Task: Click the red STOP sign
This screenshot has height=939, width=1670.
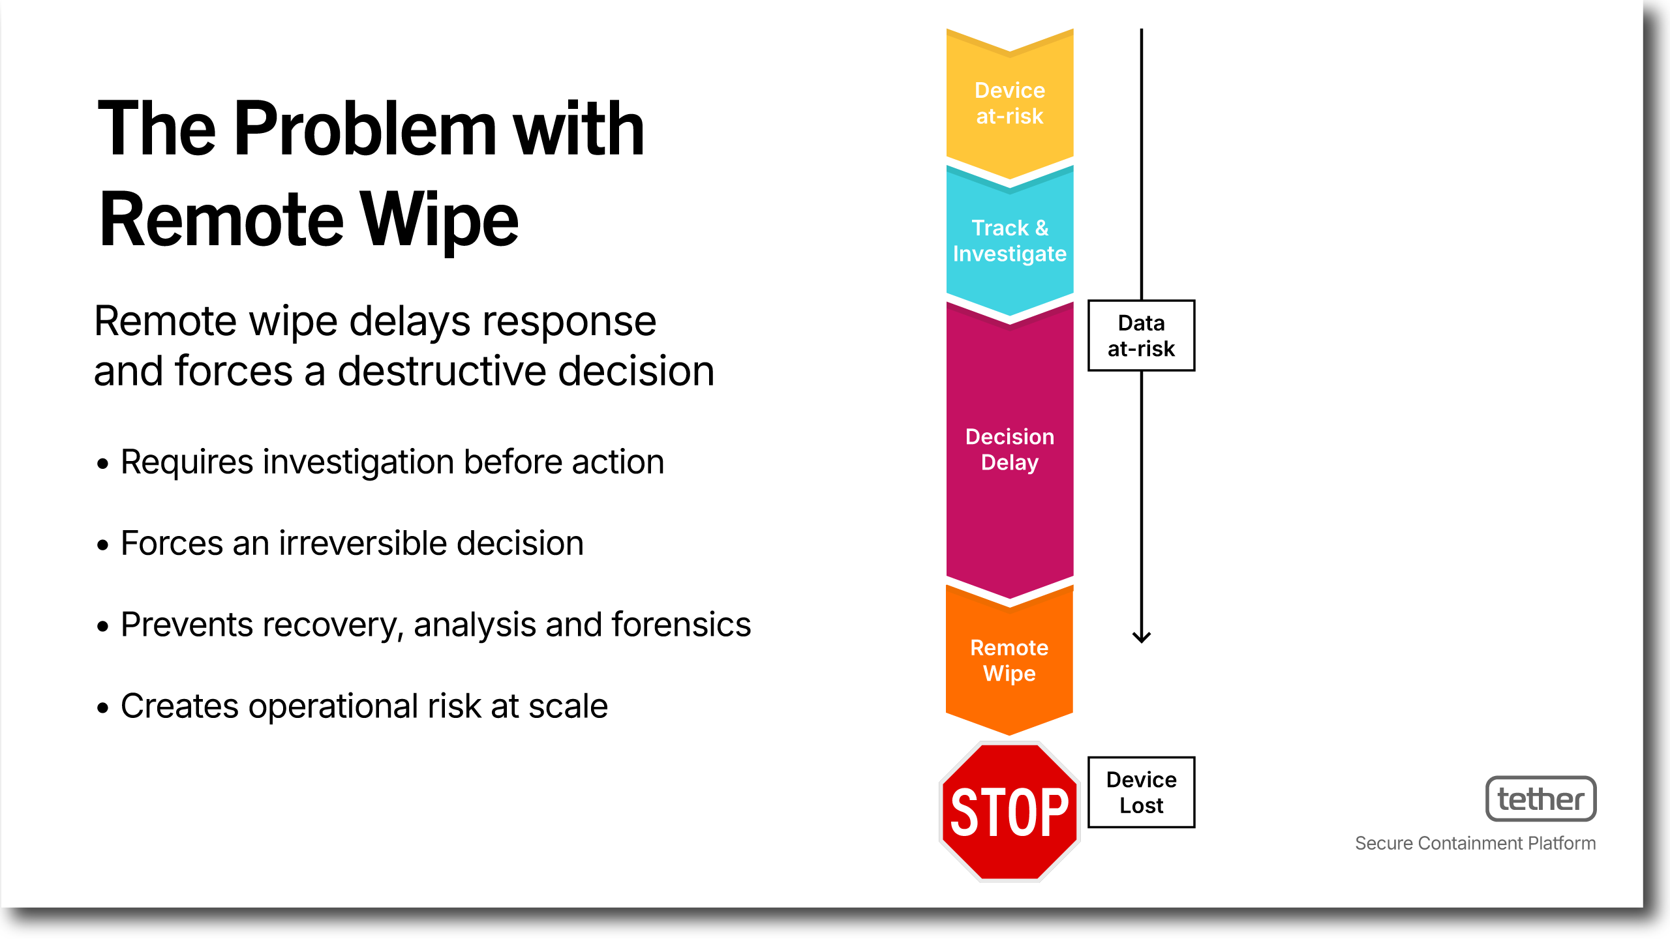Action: click(x=1009, y=811)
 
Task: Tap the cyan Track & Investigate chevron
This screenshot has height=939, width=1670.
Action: click(x=1010, y=241)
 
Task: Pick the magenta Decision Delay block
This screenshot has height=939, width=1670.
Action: click(x=1010, y=450)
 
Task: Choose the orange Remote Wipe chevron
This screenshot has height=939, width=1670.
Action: click(x=1010, y=660)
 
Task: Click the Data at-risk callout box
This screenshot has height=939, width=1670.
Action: click(x=1142, y=336)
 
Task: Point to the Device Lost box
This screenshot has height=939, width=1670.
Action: click(x=1142, y=792)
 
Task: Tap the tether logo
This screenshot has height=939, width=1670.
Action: click(x=1541, y=799)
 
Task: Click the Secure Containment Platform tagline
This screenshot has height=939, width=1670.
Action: click(x=1476, y=843)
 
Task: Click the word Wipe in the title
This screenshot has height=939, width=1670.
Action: click(x=440, y=220)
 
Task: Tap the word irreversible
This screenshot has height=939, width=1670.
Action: click(x=363, y=543)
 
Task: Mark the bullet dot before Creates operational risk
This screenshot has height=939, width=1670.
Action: click(x=102, y=708)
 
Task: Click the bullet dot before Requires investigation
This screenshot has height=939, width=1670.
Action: click(x=102, y=464)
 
